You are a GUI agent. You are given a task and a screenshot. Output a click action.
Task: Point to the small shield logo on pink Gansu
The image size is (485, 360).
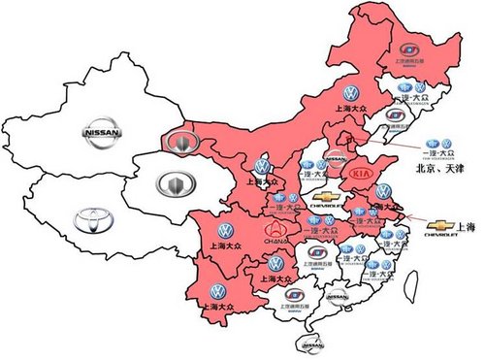tap(179, 144)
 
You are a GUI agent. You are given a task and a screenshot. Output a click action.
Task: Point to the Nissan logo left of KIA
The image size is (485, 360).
tap(334, 165)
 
